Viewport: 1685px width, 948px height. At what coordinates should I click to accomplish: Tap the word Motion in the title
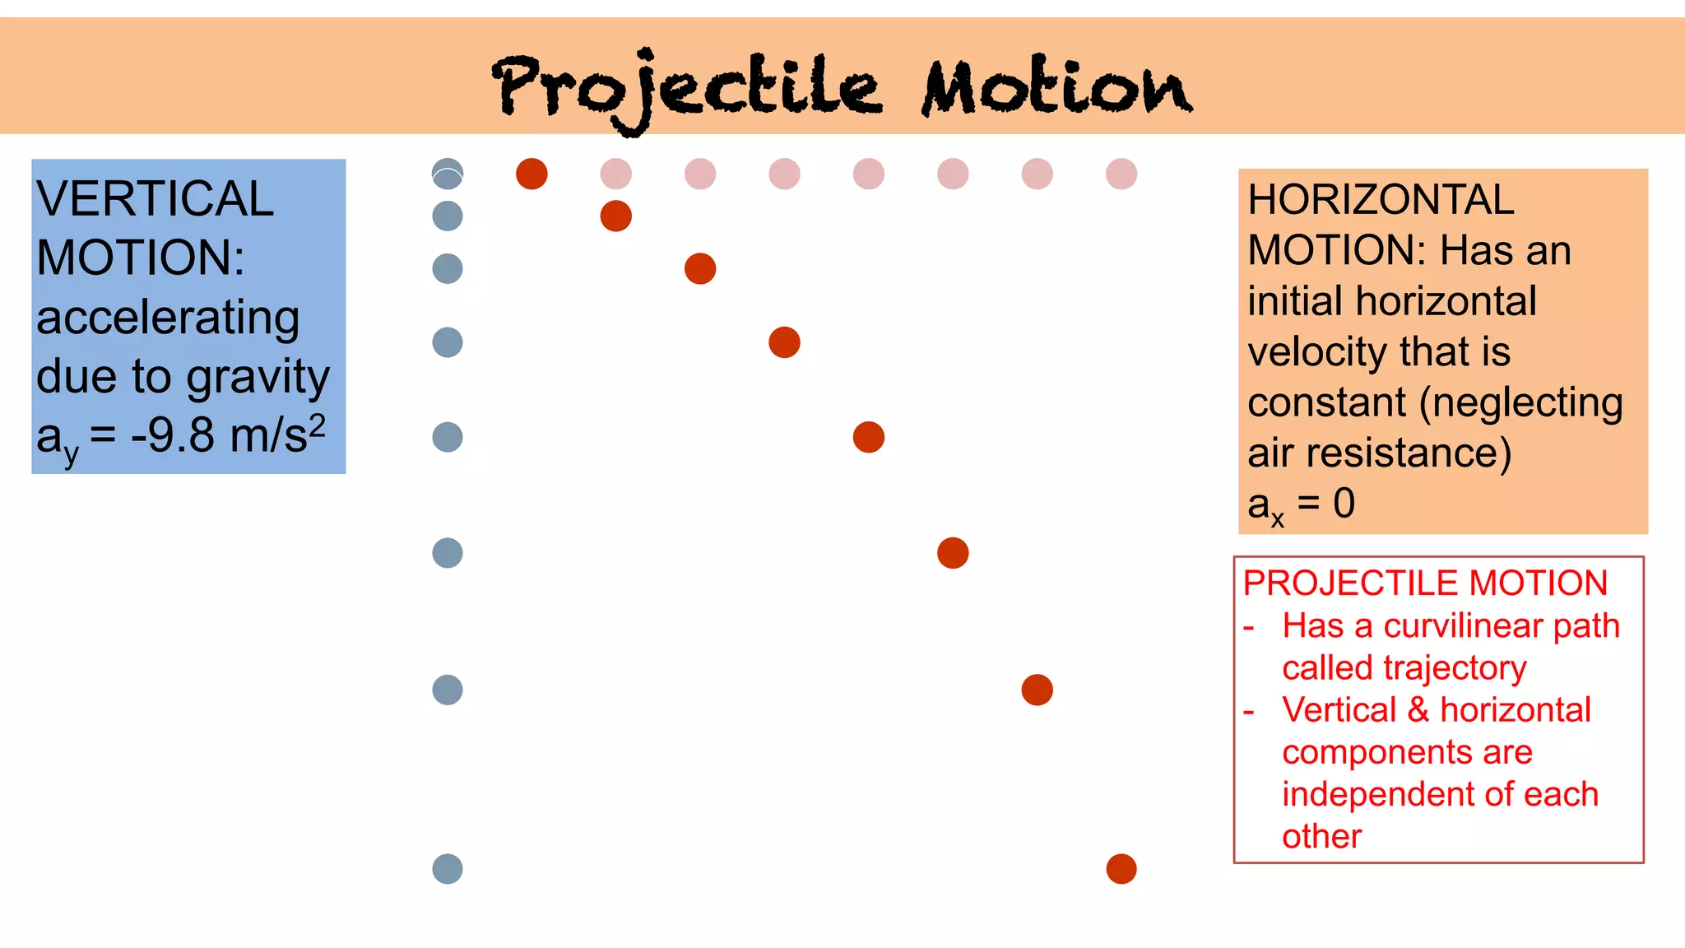tap(1056, 87)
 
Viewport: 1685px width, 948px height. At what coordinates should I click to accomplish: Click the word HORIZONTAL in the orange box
tap(1381, 200)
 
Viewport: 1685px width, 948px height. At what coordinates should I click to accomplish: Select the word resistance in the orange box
tap(1409, 453)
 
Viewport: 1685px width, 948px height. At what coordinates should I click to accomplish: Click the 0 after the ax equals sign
tap(1344, 503)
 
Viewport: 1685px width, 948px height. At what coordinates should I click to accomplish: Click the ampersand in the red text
tap(1418, 710)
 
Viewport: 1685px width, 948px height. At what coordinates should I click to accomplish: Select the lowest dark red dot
tap(1121, 869)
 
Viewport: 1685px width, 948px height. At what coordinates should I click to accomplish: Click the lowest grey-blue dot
tap(448, 869)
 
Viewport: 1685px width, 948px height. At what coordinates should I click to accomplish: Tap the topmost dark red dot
tap(531, 174)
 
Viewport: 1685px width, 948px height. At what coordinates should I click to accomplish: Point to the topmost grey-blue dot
tap(448, 174)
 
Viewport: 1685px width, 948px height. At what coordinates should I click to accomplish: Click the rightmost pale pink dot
tap(1121, 174)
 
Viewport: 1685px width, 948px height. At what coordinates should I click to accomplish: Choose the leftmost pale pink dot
tap(616, 174)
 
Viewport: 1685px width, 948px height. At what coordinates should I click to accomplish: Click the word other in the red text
tap(1321, 837)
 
